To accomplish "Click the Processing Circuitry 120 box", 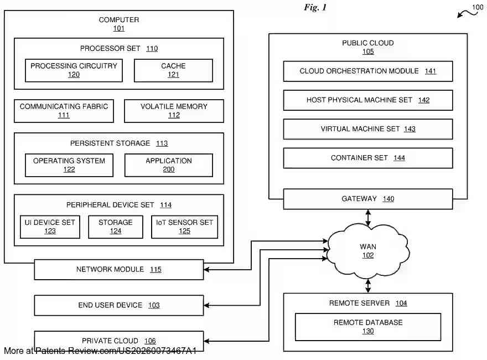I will pyautogui.click(x=74, y=70).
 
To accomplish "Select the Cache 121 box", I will pyautogui.click(x=173, y=70).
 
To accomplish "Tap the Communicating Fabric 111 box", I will pyautogui.click(x=64, y=111).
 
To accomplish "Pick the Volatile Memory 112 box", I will pyautogui.click(x=174, y=111).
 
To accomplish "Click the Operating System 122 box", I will pyautogui.click(x=69, y=165).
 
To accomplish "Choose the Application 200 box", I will pyautogui.click(x=169, y=165).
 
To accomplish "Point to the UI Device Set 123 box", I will pyautogui.click(x=50, y=227).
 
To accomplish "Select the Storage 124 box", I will pyautogui.click(x=115, y=227).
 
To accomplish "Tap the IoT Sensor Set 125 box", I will pyautogui.click(x=184, y=227).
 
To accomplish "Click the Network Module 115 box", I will pyautogui.click(x=118, y=270).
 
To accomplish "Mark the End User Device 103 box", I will pyautogui.click(x=118, y=305).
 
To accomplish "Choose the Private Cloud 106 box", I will pyautogui.click(x=118, y=341).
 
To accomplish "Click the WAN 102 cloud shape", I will pyautogui.click(x=368, y=251).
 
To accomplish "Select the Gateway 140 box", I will pyautogui.click(x=367, y=199).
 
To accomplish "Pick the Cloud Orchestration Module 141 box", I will pyautogui.click(x=367, y=71).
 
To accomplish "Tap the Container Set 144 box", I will pyautogui.click(x=367, y=158).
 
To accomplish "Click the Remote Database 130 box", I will pyautogui.click(x=367, y=327).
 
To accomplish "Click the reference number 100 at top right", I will pyautogui.click(x=477, y=7).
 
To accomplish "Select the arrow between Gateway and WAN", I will pyautogui.click(x=368, y=217).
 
